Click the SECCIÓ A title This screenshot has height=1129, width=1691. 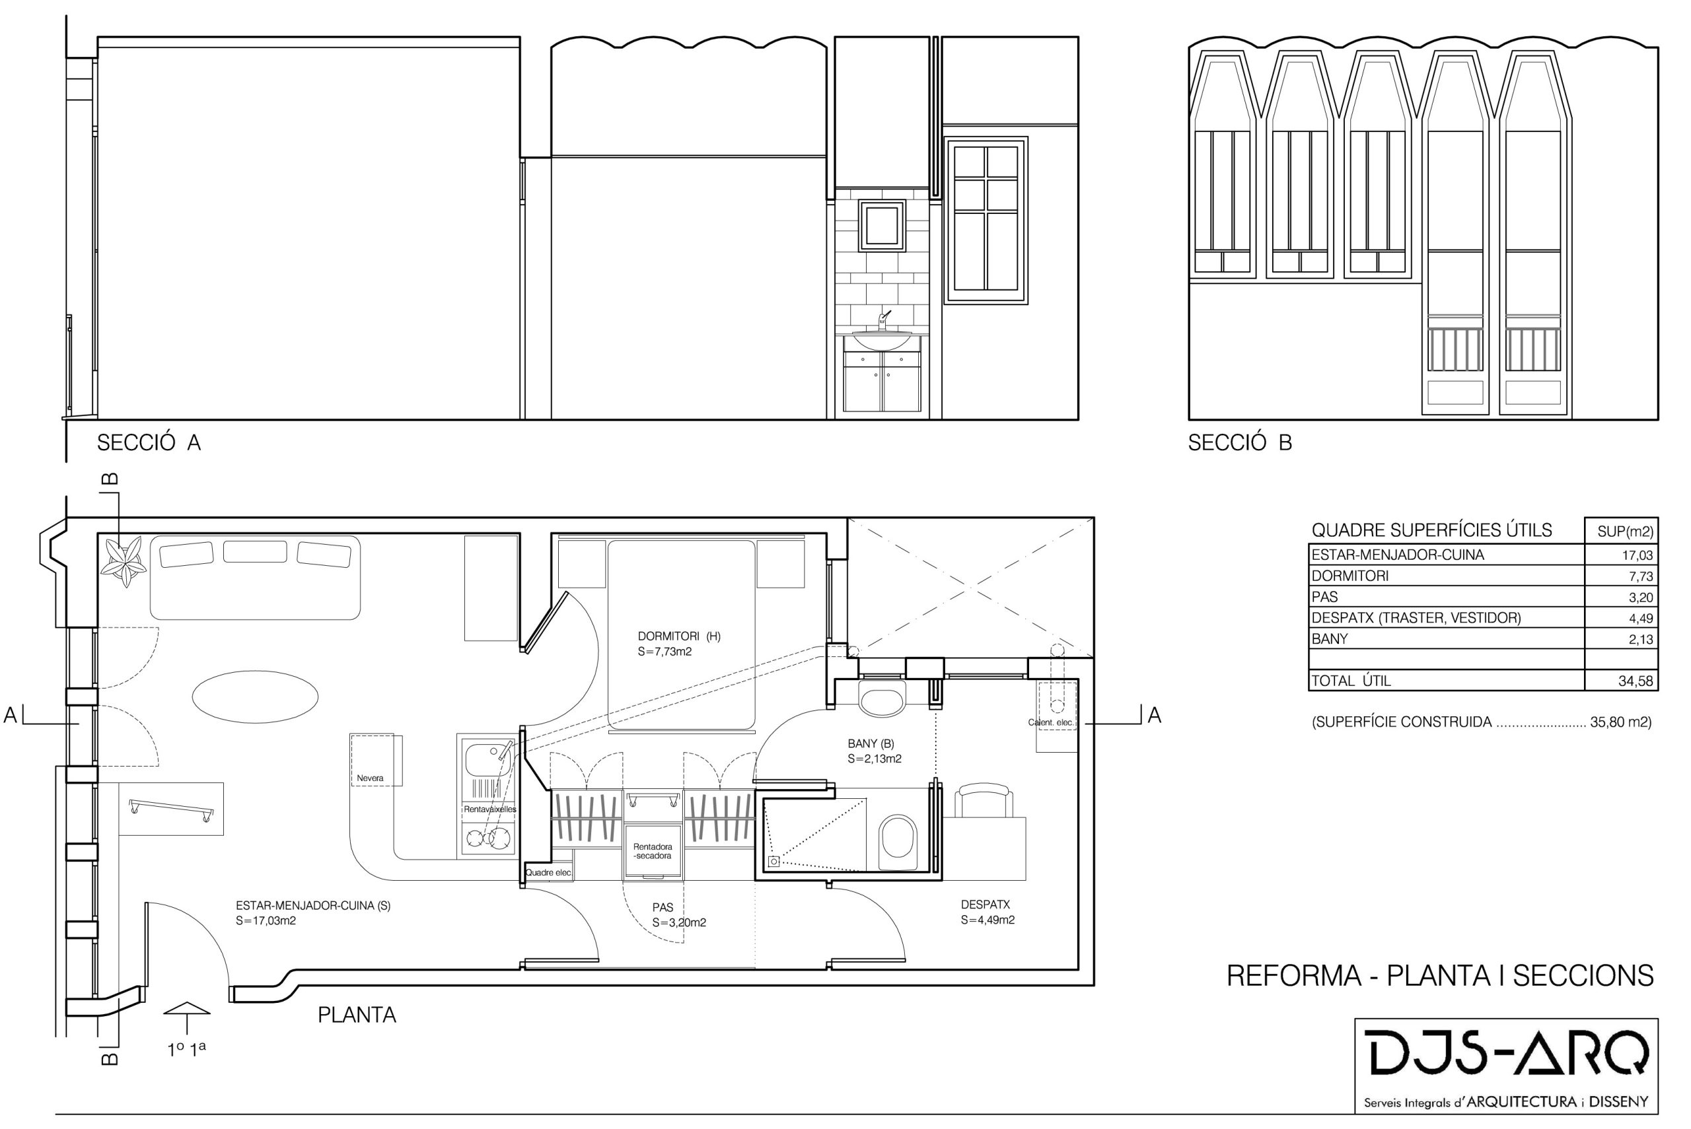[149, 443]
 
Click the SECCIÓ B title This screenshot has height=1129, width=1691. [1240, 443]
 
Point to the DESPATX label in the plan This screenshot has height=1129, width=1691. [986, 905]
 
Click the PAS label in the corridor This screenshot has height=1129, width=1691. [663, 907]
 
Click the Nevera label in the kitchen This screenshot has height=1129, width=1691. [370, 778]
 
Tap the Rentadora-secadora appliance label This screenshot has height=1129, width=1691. [653, 851]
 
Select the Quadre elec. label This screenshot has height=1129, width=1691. [548, 873]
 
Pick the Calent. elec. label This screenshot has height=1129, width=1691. [1051, 722]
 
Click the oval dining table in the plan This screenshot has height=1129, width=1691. [255, 697]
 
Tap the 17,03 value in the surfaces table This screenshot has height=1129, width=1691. [1637, 555]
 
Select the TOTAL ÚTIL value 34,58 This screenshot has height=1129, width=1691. [1636, 681]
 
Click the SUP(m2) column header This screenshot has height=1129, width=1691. [1625, 532]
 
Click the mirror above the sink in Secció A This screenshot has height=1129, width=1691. [882, 226]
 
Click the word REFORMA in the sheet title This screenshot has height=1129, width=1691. [1293, 976]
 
